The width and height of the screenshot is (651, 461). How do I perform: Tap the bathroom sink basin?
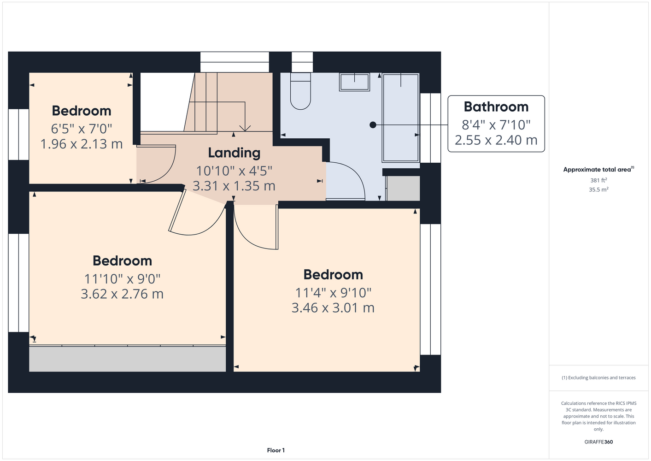[x=354, y=82]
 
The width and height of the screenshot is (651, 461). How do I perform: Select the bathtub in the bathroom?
[x=400, y=118]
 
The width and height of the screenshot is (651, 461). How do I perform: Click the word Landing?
[x=234, y=153]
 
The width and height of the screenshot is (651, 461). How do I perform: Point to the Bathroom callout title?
[x=496, y=107]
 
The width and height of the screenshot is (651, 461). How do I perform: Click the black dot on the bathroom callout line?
[x=373, y=125]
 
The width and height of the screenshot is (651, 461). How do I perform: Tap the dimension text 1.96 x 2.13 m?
[x=82, y=144]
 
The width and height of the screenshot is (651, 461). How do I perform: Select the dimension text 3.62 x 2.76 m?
[x=122, y=294]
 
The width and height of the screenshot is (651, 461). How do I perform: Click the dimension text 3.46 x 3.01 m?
[x=333, y=308]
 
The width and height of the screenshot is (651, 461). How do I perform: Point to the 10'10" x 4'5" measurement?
[x=234, y=171]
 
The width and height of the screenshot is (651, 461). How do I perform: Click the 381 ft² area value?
[x=598, y=180]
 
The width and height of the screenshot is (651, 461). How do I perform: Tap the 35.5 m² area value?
[x=598, y=189]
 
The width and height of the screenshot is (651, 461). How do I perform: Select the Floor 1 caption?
[x=276, y=450]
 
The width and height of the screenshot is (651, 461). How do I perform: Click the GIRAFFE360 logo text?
[x=598, y=442]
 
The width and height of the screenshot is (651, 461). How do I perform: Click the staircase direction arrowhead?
[x=245, y=128]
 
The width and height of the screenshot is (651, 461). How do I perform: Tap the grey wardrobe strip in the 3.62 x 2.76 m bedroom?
[x=127, y=358]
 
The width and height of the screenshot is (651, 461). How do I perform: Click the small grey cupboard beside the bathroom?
[x=404, y=189]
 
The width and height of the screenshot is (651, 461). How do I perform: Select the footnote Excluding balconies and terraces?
[x=598, y=378]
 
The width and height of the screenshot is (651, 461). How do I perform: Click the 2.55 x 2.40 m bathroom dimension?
[x=496, y=140]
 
